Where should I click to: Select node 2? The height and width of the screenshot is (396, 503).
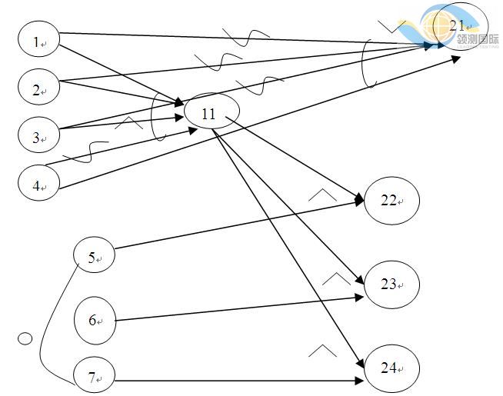point(38,90)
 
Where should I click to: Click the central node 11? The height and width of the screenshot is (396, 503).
point(210,115)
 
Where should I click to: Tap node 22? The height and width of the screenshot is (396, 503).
point(391,200)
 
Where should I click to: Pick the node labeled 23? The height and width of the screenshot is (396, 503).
point(391,285)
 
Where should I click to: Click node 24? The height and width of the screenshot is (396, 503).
point(391,368)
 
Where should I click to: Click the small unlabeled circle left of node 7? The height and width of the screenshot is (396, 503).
point(25,338)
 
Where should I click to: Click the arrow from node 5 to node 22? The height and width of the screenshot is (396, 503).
point(238,224)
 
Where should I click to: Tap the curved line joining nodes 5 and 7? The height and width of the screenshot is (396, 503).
point(46,323)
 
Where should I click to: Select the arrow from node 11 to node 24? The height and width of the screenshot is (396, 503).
point(285,246)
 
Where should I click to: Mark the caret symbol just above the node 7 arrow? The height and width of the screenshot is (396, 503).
point(323,351)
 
